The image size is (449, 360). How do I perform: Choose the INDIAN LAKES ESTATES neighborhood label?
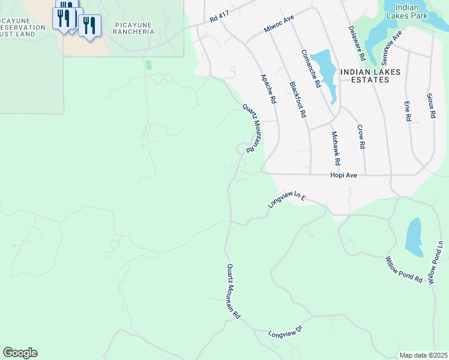click(x=370, y=71)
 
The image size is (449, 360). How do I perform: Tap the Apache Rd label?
click(x=268, y=88)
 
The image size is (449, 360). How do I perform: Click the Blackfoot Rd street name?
click(x=298, y=100)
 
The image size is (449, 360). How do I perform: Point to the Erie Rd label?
click(x=407, y=111)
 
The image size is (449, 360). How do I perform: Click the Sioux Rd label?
click(x=430, y=106)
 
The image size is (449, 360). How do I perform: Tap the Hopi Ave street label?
click(x=343, y=175)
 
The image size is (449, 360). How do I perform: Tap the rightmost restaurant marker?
click(x=89, y=26)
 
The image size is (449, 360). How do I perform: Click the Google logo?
click(x=20, y=353)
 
